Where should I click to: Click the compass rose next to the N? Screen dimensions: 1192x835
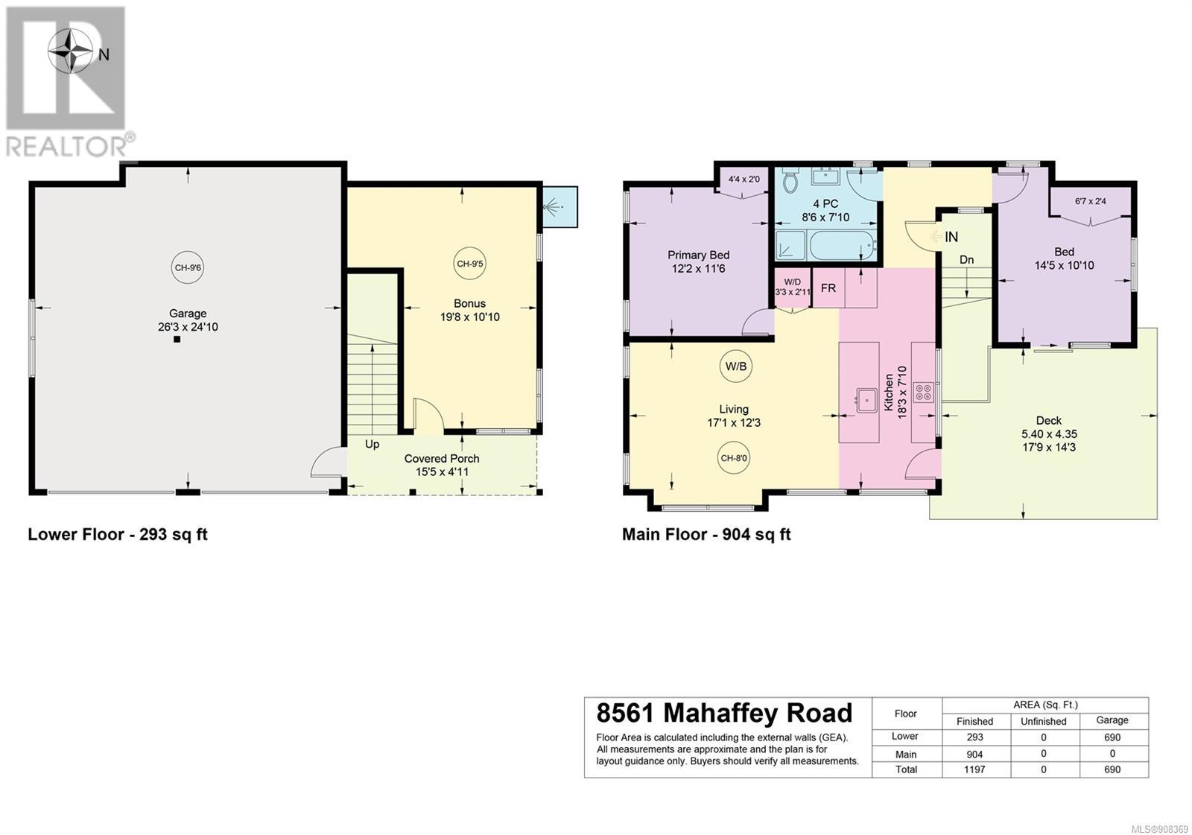point(71,51)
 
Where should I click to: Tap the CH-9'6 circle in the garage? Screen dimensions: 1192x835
point(188,267)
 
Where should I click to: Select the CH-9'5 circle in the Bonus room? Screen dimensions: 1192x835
point(470,264)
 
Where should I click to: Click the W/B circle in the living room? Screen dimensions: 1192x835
point(736,366)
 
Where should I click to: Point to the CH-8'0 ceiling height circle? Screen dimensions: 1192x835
point(734,457)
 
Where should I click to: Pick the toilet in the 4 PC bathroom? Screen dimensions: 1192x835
point(790,182)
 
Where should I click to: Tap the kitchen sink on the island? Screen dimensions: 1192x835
point(866,399)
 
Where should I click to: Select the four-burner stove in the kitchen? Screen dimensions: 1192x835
point(923,393)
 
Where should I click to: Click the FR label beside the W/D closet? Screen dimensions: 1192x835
point(828,288)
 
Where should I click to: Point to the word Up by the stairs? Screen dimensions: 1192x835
point(372,444)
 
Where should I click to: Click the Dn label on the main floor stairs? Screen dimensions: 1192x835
point(966,260)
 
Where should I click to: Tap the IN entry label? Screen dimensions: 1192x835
point(951,237)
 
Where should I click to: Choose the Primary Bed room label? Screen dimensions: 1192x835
point(698,255)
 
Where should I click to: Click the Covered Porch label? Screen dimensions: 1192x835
point(442,458)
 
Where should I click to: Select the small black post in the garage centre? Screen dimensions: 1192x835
point(177,339)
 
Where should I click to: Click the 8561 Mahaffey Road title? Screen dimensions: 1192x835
point(724,713)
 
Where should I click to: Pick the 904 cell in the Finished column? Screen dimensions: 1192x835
point(974,754)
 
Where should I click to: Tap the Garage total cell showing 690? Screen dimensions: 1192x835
point(1112,769)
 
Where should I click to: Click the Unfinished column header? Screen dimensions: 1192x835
point(1043,721)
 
